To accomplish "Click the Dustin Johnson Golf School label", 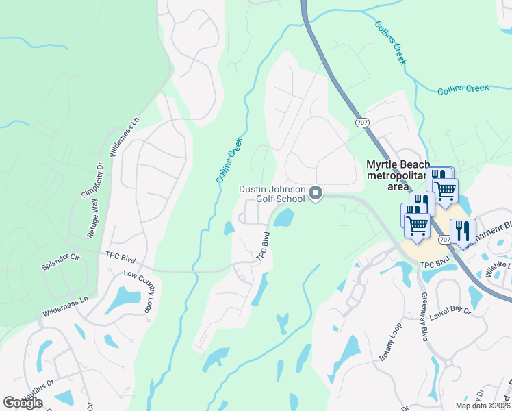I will pyautogui.click(x=271, y=194).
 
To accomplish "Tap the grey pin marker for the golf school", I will pyautogui.click(x=316, y=195).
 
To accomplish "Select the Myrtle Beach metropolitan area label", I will pyautogui.click(x=398, y=175).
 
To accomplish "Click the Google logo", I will pyautogui.click(x=23, y=403).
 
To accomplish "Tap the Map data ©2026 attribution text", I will pyautogui.click(x=483, y=406).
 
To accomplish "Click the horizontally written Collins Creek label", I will pyautogui.click(x=463, y=88).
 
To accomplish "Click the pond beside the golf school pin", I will pyautogui.click(x=284, y=219).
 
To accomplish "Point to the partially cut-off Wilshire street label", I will pyautogui.click(x=498, y=266).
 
